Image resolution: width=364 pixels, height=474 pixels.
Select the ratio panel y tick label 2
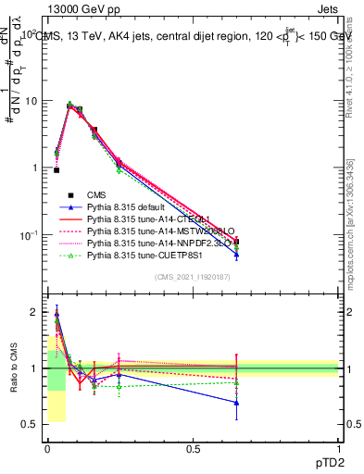click(x=33, y=313)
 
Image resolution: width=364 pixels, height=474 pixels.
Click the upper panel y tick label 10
click(x=31, y=101)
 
